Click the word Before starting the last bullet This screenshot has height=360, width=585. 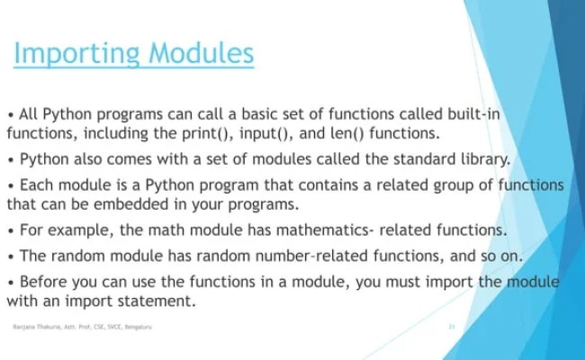(47, 283)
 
